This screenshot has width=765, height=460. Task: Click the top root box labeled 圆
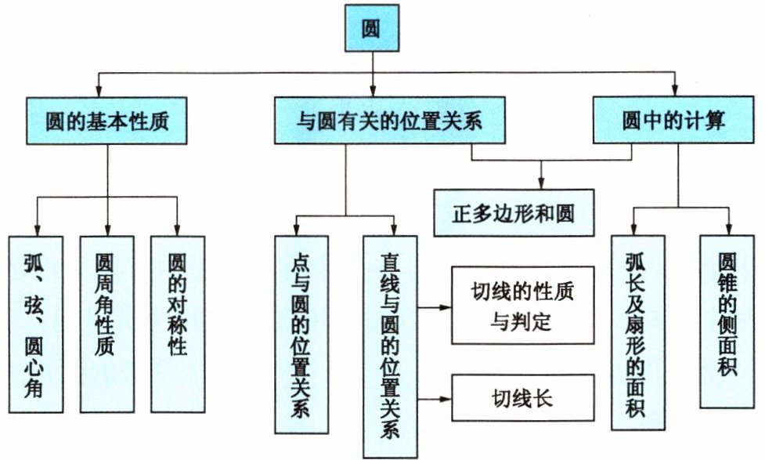[372, 28]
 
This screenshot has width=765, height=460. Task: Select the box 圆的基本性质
[106, 121]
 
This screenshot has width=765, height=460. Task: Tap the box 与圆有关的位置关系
[389, 120]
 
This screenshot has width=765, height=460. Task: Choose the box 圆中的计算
[673, 120]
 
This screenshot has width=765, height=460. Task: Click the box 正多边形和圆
[514, 213]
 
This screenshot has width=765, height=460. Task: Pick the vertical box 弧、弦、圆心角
[35, 324]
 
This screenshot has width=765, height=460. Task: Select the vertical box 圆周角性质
[106, 324]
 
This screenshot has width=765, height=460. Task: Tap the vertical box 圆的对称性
[178, 324]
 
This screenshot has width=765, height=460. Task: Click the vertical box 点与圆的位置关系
[301, 335]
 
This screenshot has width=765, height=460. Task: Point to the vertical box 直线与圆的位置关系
[390, 347]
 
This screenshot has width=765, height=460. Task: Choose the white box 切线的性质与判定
[522, 306]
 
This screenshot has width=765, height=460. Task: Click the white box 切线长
[522, 398]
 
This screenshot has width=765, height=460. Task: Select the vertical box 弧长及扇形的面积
[637, 333]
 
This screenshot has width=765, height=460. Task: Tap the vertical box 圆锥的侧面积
[727, 322]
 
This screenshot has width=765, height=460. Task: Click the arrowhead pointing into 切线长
[446, 399]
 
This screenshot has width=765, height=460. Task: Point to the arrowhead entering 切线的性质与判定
[446, 308]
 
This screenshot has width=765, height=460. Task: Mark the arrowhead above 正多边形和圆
[540, 183]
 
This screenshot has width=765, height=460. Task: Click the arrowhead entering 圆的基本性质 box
[99, 92]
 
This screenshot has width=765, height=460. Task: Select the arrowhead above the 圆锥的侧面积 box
[729, 230]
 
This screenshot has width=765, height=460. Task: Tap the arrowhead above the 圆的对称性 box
[178, 230]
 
